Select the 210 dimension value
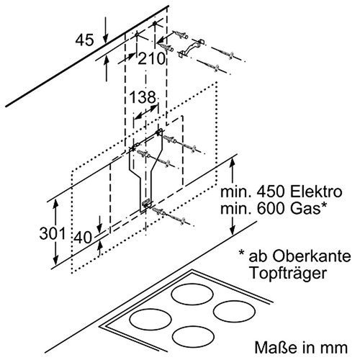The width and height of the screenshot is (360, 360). click(151, 60)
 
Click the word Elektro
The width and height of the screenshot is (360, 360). click(317, 194)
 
